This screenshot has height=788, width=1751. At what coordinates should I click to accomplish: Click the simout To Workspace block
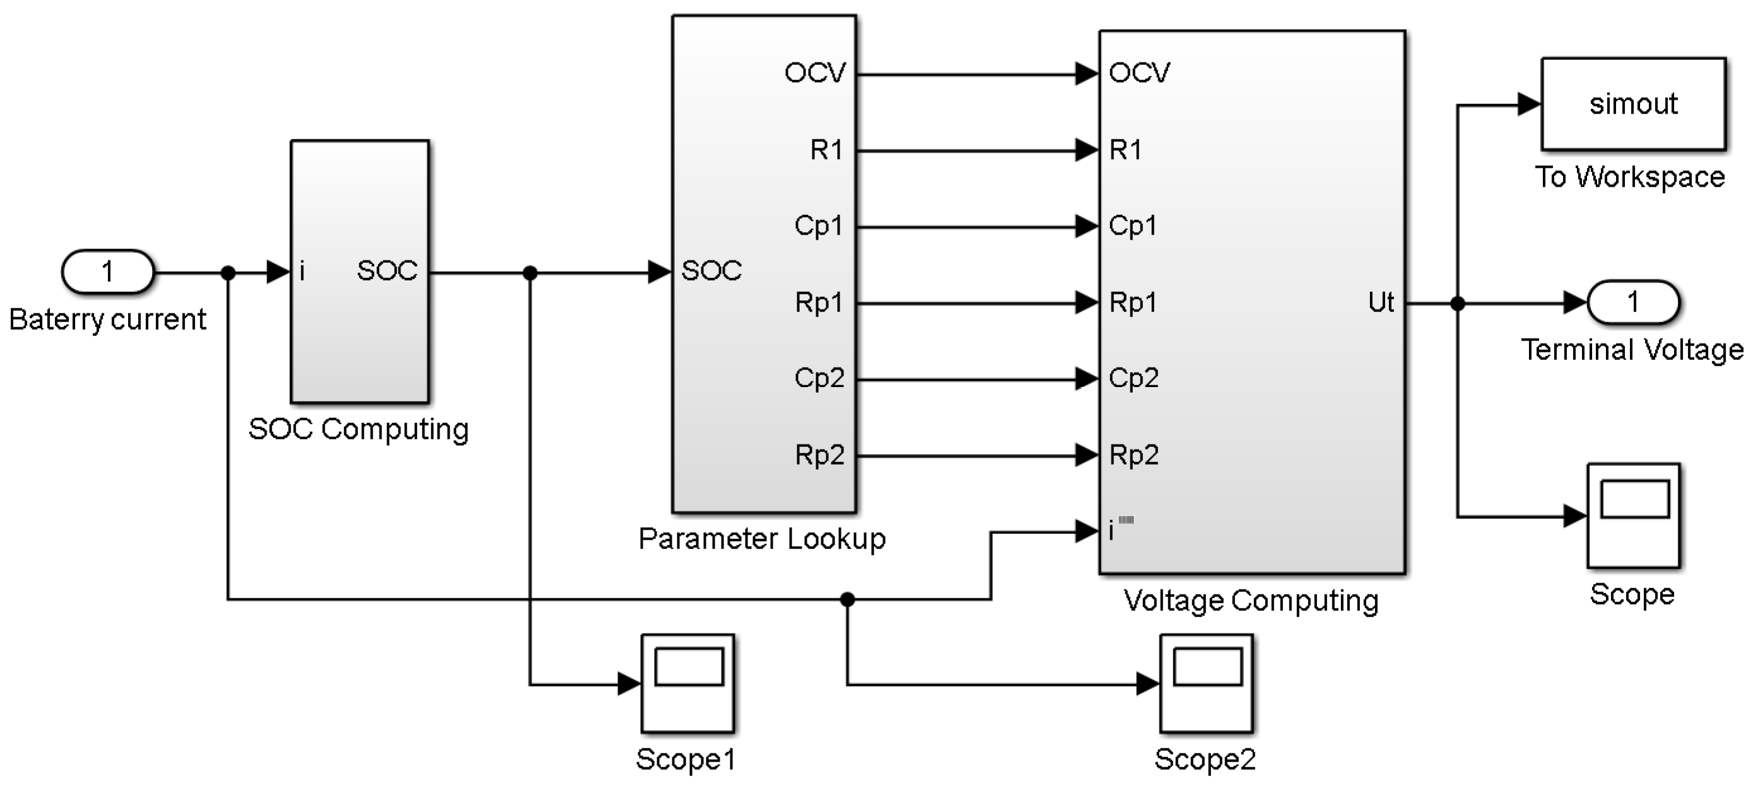pyautogui.click(x=1632, y=104)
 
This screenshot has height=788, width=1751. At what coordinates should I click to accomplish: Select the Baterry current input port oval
pyautogui.click(x=107, y=272)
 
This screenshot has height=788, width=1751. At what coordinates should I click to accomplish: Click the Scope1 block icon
pyautogui.click(x=687, y=683)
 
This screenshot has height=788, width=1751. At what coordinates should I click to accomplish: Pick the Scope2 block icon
pyautogui.click(x=1206, y=683)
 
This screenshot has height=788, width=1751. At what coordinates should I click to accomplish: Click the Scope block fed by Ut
pyautogui.click(x=1632, y=516)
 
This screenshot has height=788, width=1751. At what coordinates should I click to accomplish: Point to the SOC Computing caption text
pyautogui.click(x=358, y=429)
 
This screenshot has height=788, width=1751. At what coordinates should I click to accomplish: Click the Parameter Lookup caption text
pyautogui.click(x=762, y=539)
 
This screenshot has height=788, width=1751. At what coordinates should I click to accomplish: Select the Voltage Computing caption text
pyautogui.click(x=1251, y=601)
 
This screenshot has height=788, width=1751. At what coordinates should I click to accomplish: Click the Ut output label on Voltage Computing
pyautogui.click(x=1381, y=303)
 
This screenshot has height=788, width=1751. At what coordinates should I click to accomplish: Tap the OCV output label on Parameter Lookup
pyautogui.click(x=814, y=72)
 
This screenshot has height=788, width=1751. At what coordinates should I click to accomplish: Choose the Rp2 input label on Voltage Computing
pyautogui.click(x=1133, y=455)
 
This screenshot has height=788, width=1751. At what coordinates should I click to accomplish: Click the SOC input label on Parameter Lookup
pyautogui.click(x=711, y=271)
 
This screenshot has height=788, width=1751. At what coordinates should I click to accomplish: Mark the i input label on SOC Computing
pyautogui.click(x=302, y=272)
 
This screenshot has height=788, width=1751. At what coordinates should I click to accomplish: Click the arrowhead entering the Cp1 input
pyautogui.click(x=1086, y=226)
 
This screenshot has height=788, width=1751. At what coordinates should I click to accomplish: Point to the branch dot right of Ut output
pyautogui.click(x=1457, y=303)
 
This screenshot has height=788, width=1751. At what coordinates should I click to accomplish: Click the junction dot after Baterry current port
pyautogui.click(x=228, y=273)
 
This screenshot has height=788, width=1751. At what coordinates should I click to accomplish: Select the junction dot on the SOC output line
pyautogui.click(x=530, y=273)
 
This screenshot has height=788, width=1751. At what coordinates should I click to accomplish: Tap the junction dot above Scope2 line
pyautogui.click(x=847, y=599)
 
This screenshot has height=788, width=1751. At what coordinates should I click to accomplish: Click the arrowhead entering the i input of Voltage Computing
pyautogui.click(x=1086, y=531)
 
